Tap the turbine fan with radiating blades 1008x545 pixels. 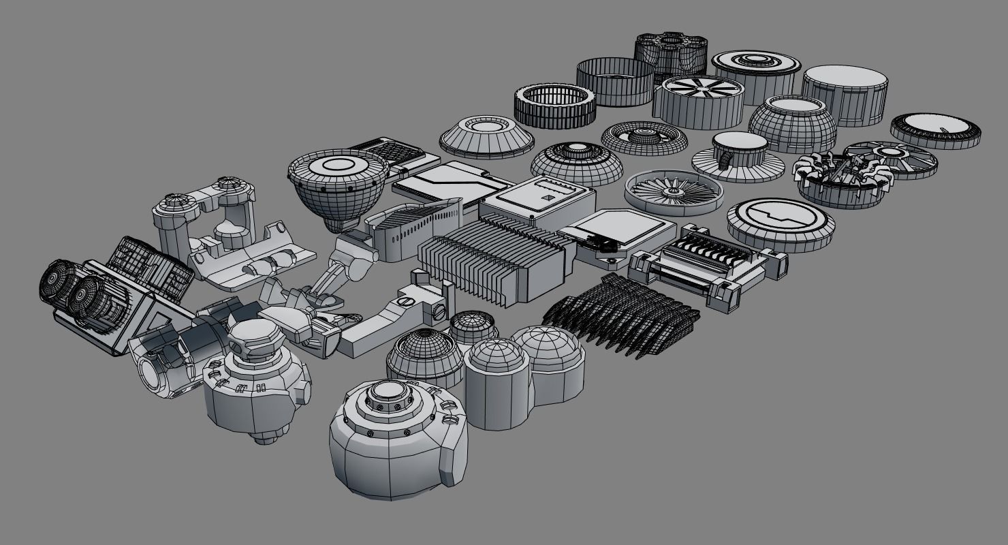pyautogui.click(x=674, y=190)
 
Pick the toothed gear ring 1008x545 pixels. pyautogui.click(x=555, y=106)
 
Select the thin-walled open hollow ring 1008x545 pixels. pyautogui.click(x=615, y=81)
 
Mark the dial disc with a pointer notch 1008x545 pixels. pyautogui.click(x=935, y=130)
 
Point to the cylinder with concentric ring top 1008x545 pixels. pyautogui.click(x=755, y=74)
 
